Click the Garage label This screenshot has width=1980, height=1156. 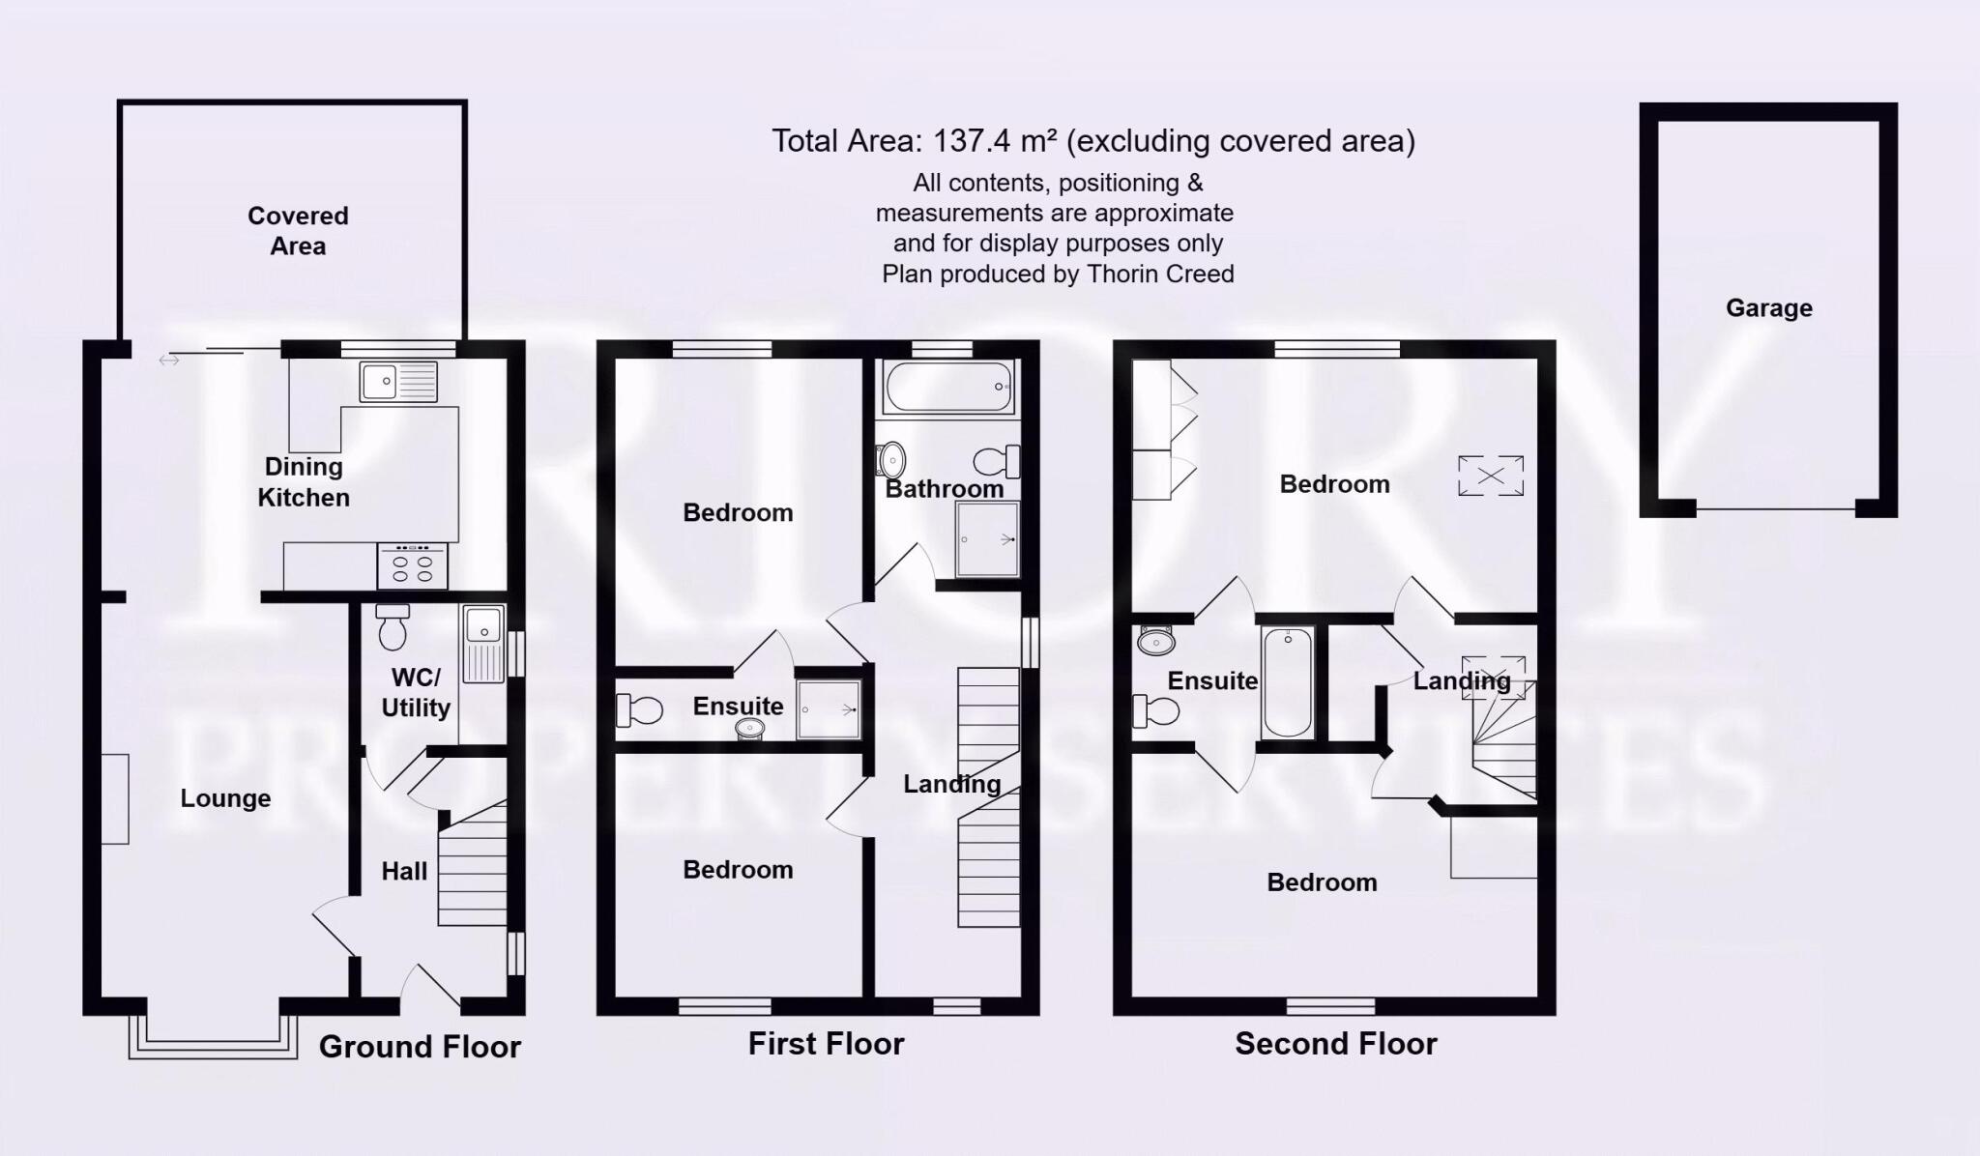[x=1768, y=308]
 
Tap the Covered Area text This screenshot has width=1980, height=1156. [x=298, y=230]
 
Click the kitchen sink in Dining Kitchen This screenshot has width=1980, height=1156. [x=397, y=381]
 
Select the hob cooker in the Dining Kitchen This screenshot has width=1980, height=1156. [x=413, y=566]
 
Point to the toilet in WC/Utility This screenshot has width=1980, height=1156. [x=393, y=628]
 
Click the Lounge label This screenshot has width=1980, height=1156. [x=225, y=798]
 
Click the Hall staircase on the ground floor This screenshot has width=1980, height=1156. [x=473, y=865]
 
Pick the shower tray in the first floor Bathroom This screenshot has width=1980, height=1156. [x=987, y=539]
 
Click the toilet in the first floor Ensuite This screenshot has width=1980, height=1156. [x=639, y=710]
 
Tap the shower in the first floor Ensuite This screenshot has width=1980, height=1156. [x=829, y=710]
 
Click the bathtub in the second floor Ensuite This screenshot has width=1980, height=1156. [x=1287, y=681]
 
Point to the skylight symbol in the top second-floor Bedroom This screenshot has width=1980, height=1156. [x=1491, y=476]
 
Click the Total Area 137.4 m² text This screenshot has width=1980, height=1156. [x=1092, y=141]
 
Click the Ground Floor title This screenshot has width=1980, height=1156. [x=420, y=1047]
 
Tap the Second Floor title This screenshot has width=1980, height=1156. [x=1335, y=1044]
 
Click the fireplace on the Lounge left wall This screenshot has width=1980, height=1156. [x=115, y=798]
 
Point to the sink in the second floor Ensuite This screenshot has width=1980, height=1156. [x=1156, y=640]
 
